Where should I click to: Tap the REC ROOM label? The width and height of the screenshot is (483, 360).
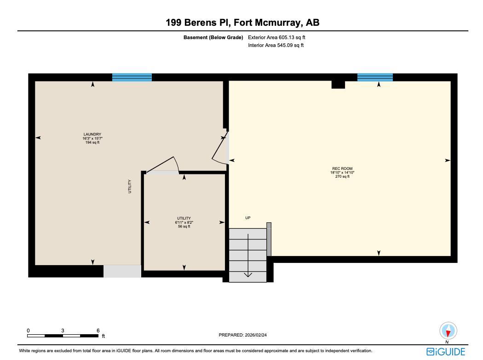pos(342,168)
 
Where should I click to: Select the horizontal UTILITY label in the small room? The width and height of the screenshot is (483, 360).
pos(184,218)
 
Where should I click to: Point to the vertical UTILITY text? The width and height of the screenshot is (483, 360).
pos(130,186)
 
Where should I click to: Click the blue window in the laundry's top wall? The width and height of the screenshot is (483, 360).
pos(132,77)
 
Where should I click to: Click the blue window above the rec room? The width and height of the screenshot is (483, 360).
pos(375,77)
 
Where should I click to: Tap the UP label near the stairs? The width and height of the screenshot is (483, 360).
pos(248,218)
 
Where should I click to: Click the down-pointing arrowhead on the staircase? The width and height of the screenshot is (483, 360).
pos(248,274)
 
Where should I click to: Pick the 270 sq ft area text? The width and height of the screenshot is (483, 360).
pos(342,176)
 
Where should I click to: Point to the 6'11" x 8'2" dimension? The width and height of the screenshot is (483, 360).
pos(184,222)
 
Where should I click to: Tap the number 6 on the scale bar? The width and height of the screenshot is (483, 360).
pos(98,331)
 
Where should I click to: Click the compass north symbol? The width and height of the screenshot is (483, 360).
pos(448,331)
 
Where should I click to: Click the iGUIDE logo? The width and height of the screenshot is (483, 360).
pos(446,352)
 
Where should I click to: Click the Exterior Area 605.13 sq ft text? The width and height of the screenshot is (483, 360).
pos(276,37)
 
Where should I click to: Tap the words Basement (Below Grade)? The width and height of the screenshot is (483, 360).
pos(213,37)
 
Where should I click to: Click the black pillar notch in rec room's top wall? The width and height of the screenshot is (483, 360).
pos(338,84)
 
